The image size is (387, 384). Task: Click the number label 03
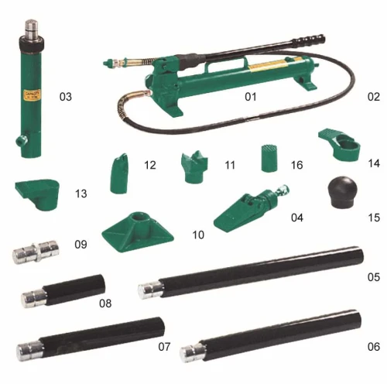point(66,97)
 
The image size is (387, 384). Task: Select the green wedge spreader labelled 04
point(252,208)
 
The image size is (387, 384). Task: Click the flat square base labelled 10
point(138,231)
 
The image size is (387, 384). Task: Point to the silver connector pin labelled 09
point(36,252)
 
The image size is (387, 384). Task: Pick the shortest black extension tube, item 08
point(63,291)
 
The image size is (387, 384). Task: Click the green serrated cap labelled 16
point(269,158)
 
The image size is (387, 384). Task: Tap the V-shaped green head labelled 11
point(194,166)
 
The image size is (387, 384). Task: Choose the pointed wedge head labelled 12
point(119,173)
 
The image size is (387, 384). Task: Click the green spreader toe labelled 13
point(38,194)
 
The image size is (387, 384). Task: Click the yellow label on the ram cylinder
point(33,95)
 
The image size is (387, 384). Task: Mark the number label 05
point(374,277)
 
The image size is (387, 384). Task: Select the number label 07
point(164,347)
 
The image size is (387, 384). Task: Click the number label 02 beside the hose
point(374,97)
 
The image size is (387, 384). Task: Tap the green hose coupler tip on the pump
point(108,63)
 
